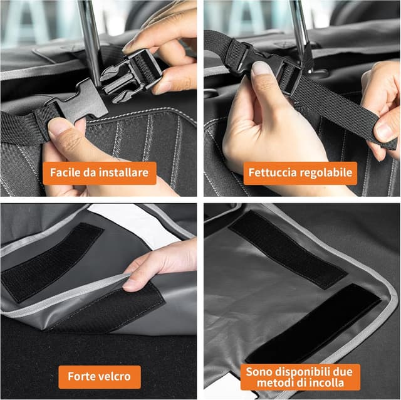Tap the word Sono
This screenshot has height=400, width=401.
[258, 371]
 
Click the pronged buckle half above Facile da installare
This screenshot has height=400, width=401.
[128, 78]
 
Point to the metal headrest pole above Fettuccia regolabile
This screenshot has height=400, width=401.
[299, 28]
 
